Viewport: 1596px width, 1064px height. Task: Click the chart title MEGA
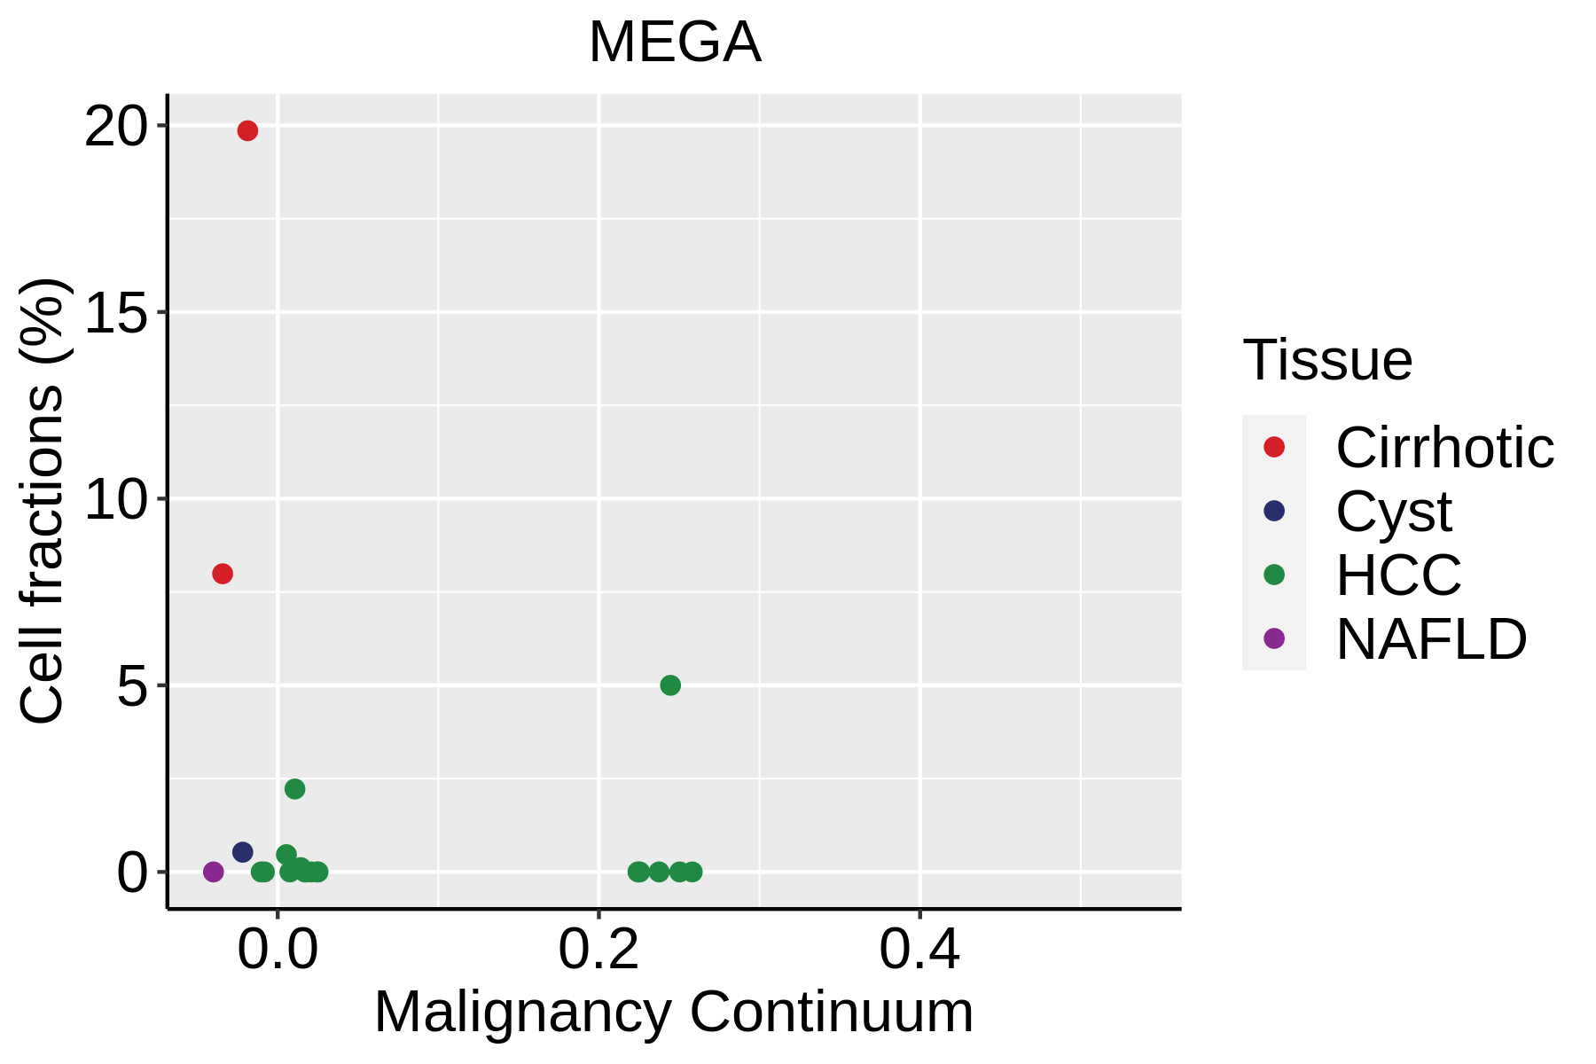(x=675, y=43)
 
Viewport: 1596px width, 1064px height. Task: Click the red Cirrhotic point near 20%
(x=247, y=131)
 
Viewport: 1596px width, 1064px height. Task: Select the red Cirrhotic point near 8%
(x=223, y=574)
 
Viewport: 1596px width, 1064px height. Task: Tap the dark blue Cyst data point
(x=243, y=852)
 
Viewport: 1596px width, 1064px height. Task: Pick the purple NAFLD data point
(x=214, y=872)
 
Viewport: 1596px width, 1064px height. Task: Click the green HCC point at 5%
(x=670, y=685)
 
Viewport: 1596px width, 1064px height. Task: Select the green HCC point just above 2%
(x=295, y=789)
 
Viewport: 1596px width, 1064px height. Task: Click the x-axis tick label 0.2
(x=598, y=951)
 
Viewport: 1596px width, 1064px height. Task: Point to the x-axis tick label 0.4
(x=919, y=951)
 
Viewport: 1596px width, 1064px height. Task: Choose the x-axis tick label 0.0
(x=278, y=951)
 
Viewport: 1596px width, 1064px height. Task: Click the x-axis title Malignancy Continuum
(x=674, y=1013)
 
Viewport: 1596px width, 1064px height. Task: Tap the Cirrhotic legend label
(x=1444, y=448)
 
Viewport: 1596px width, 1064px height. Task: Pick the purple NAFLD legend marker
(x=1274, y=638)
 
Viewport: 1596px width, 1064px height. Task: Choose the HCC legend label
(x=1398, y=575)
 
